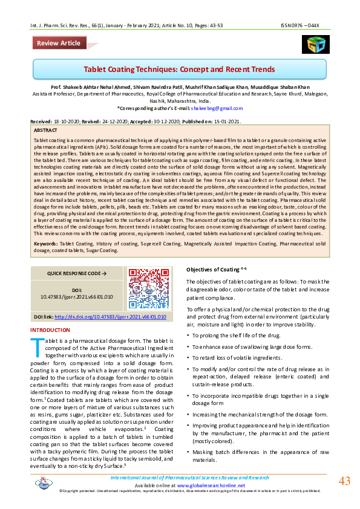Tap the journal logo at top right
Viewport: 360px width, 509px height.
[313, 44]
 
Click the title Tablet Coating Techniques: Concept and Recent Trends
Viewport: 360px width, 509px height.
[179, 70]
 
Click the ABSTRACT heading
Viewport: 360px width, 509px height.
[46, 130]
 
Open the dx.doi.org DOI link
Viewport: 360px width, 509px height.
[110, 316]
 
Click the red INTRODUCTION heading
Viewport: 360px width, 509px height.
[50, 330]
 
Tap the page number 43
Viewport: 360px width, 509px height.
[344, 481]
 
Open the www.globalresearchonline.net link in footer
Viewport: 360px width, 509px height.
[212, 485]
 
